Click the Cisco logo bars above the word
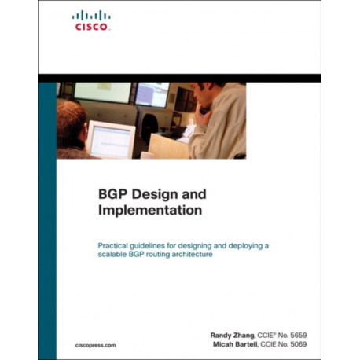click(x=90, y=16)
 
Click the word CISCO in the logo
click(x=91, y=27)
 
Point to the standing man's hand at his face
click(x=204, y=109)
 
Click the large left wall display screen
click(x=102, y=91)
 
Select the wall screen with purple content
click(x=151, y=94)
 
